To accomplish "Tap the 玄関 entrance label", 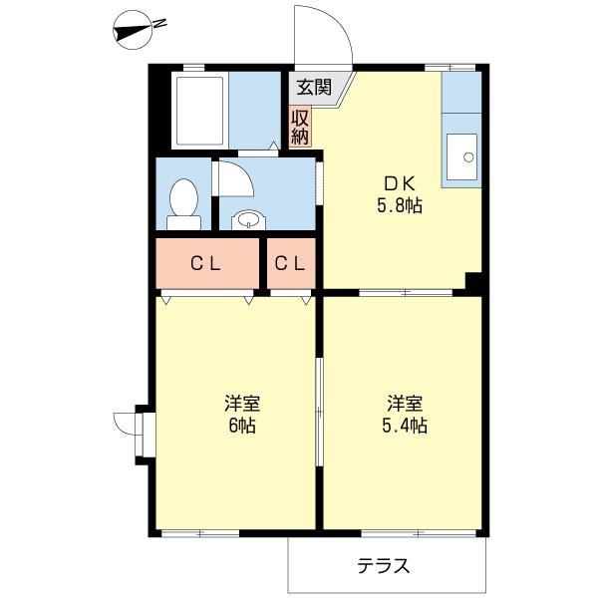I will [x=313, y=87].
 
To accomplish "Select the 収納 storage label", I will [x=300, y=126].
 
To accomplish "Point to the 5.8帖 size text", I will [x=400, y=206].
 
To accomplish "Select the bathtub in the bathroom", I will [x=202, y=111].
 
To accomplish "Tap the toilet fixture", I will [x=182, y=197].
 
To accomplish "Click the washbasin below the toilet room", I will [x=246, y=220].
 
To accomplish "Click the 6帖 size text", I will [x=242, y=427].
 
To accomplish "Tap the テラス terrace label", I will [x=385, y=566].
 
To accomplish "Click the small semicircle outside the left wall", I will [x=125, y=424].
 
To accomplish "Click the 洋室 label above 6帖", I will [x=242, y=404].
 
